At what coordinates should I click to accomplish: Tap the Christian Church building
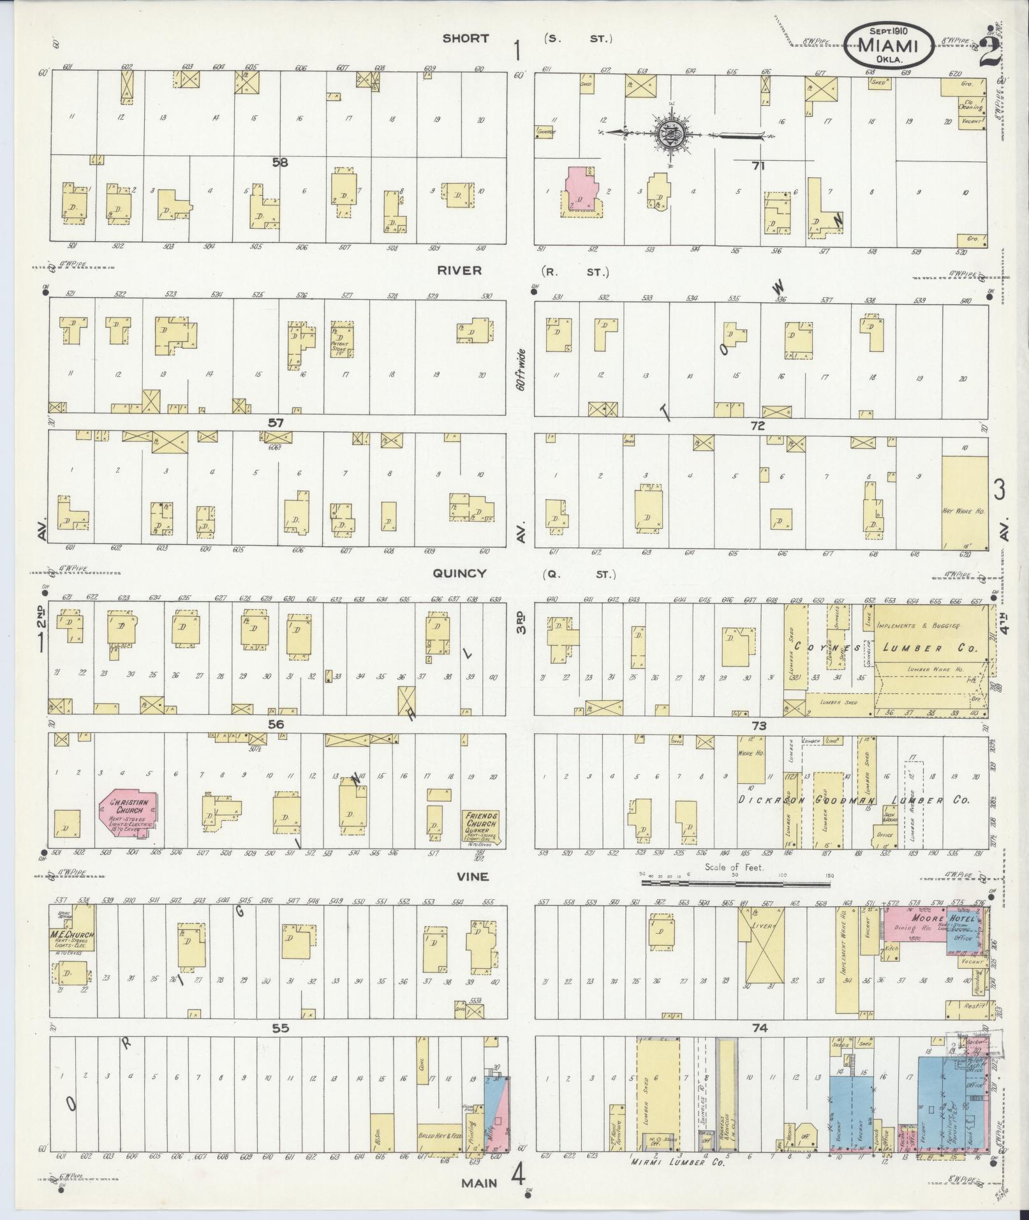(128, 819)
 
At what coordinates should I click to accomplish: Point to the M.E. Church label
(72, 935)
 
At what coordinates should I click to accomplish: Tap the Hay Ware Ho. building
(964, 503)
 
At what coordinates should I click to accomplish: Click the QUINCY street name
(459, 573)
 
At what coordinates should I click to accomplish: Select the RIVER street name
(459, 270)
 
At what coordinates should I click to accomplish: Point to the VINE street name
(472, 877)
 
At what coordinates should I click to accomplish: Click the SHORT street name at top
(466, 39)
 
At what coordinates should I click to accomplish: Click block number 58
(279, 163)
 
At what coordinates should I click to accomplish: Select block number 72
(757, 425)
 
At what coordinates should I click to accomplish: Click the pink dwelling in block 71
(582, 191)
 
